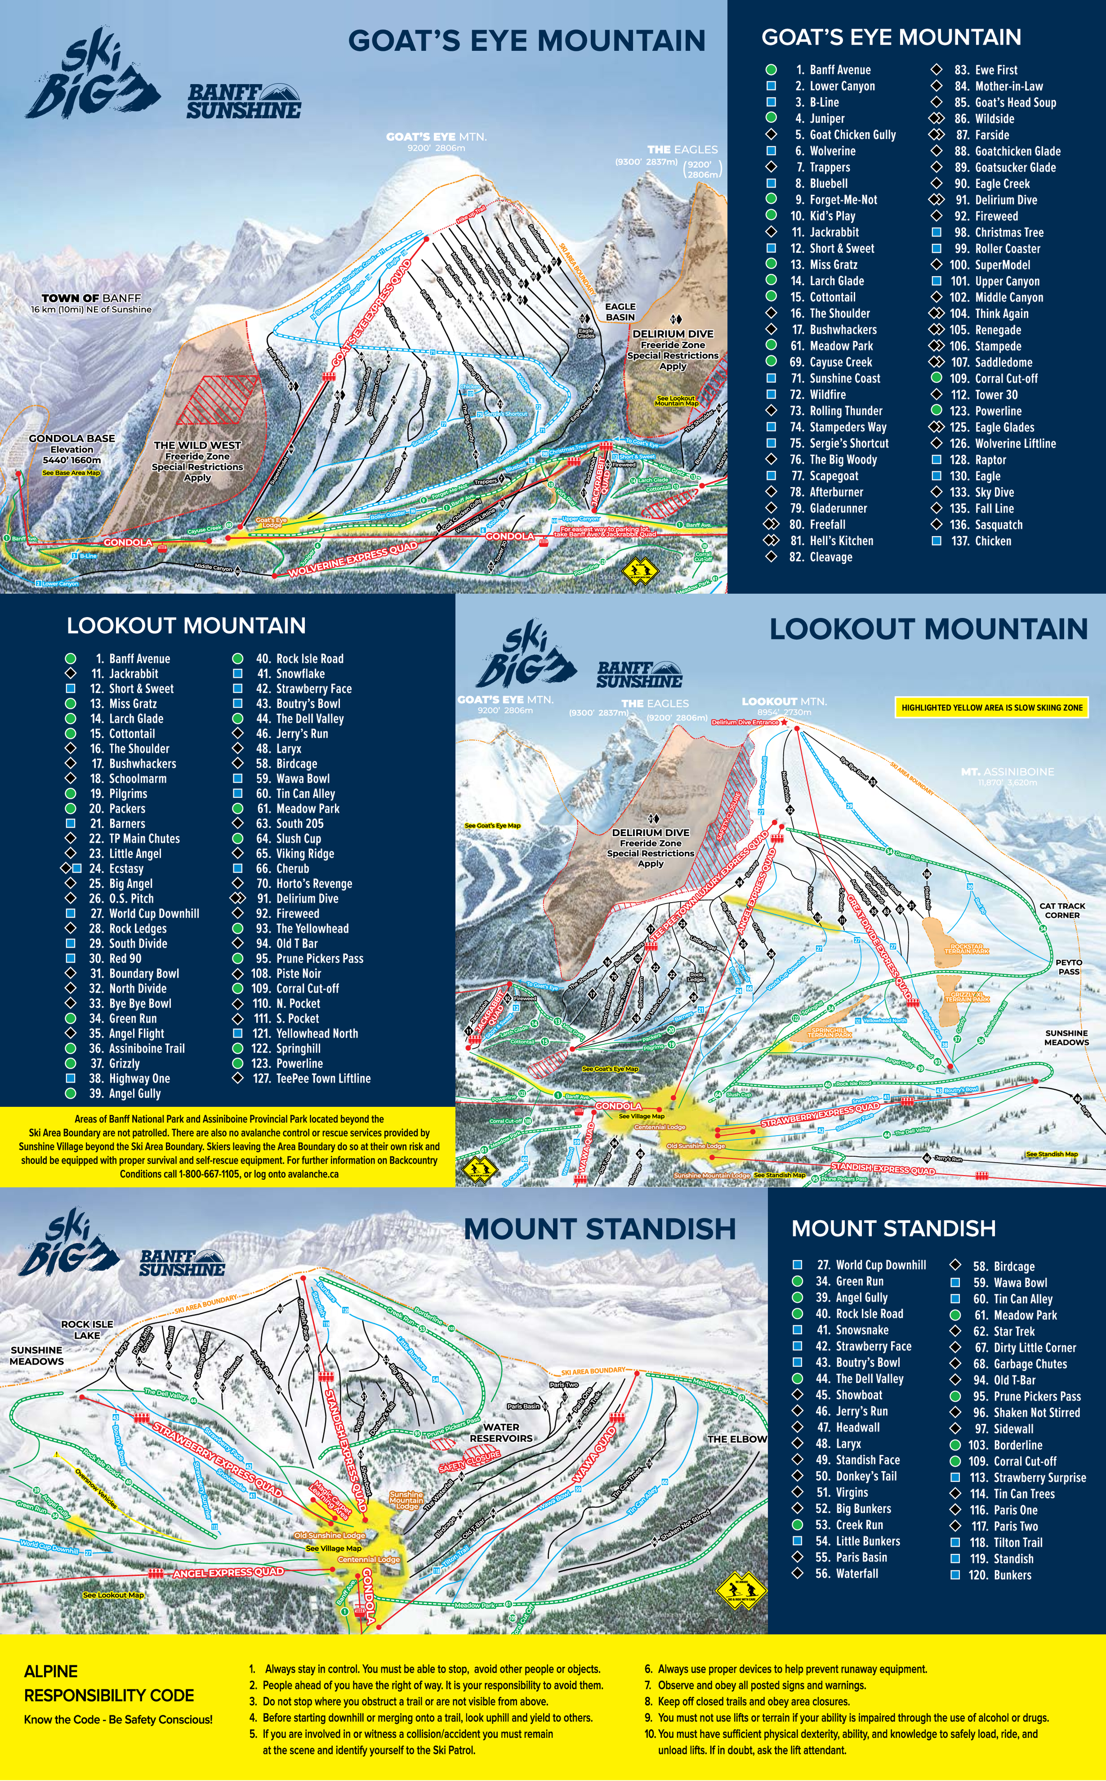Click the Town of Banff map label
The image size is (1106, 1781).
(91, 299)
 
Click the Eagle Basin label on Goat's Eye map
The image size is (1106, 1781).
(620, 312)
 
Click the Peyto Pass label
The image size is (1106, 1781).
(1068, 967)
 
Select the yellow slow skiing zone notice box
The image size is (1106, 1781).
(991, 707)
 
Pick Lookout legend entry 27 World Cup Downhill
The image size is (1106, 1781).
(154, 913)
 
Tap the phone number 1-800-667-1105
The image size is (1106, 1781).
(209, 1174)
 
